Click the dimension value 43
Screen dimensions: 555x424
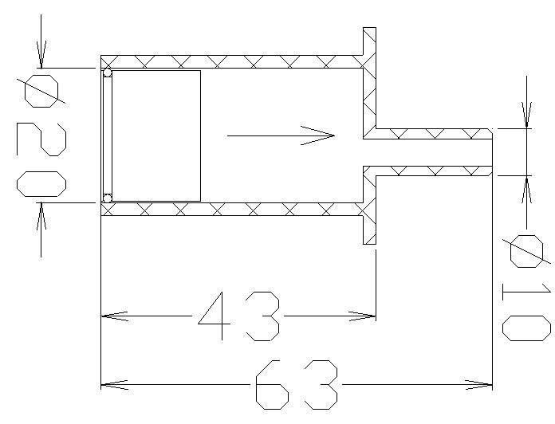238,316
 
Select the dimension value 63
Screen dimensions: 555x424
297,385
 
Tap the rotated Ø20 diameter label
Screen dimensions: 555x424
41,135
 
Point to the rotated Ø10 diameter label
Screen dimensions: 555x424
526,288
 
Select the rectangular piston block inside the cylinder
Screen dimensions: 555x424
156,135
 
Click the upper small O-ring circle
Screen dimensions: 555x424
107,73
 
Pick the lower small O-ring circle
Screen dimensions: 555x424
107,198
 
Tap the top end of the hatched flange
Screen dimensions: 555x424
369,28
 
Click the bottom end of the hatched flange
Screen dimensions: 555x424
369,244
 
